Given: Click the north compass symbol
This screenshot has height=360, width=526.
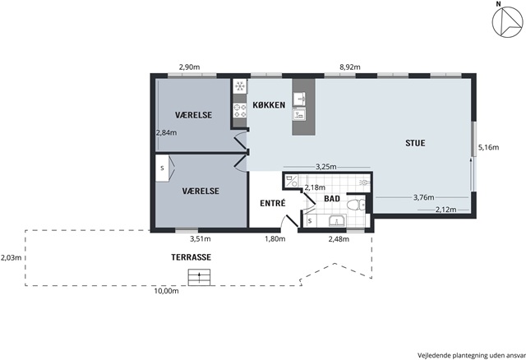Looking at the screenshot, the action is point(507,21).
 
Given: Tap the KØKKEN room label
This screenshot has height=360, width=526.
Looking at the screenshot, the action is point(269,105).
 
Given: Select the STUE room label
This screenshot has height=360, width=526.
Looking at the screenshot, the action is point(415,143).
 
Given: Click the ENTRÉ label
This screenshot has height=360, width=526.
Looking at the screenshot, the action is point(273,203).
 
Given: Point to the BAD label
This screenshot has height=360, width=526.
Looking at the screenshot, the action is point(332,199).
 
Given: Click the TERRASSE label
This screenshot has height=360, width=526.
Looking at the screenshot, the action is point(191,257).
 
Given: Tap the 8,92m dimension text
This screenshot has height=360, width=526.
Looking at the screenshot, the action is point(350,67).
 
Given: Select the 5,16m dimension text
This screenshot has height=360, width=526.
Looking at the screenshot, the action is point(488,147).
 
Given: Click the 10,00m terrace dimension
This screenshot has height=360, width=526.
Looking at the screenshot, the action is point(166,291).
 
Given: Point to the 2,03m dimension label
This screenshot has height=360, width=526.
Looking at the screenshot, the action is point(11,257).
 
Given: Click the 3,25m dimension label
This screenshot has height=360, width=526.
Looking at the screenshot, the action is point(326,167).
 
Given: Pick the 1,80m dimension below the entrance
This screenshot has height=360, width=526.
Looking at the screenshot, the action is point(275,239).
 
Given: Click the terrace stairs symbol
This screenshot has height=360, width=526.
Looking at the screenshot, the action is point(199,277).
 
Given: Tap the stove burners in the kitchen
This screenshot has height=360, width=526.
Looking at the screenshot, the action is point(240,110).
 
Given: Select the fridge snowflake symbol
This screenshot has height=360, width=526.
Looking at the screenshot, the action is point(240,86).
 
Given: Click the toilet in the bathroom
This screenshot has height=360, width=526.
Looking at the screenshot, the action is point(356,205).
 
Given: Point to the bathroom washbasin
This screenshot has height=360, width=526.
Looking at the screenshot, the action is point(337,221).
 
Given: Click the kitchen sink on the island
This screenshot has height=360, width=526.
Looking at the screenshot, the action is point(299,99).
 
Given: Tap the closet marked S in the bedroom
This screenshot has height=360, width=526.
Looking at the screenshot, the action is point(164,168).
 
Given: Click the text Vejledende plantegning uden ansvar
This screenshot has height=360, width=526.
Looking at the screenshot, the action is point(471,355).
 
